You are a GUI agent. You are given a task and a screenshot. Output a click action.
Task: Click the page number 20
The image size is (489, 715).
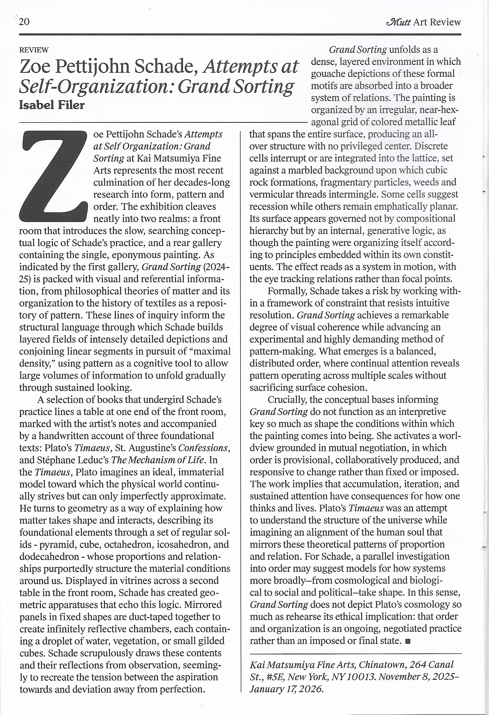coord(24,22)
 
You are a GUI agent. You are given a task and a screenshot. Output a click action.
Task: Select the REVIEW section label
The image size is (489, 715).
coord(34,50)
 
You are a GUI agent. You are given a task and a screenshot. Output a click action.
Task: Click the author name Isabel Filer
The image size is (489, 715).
coord(52,105)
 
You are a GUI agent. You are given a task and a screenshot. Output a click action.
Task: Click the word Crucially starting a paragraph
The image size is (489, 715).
coord(287,400)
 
